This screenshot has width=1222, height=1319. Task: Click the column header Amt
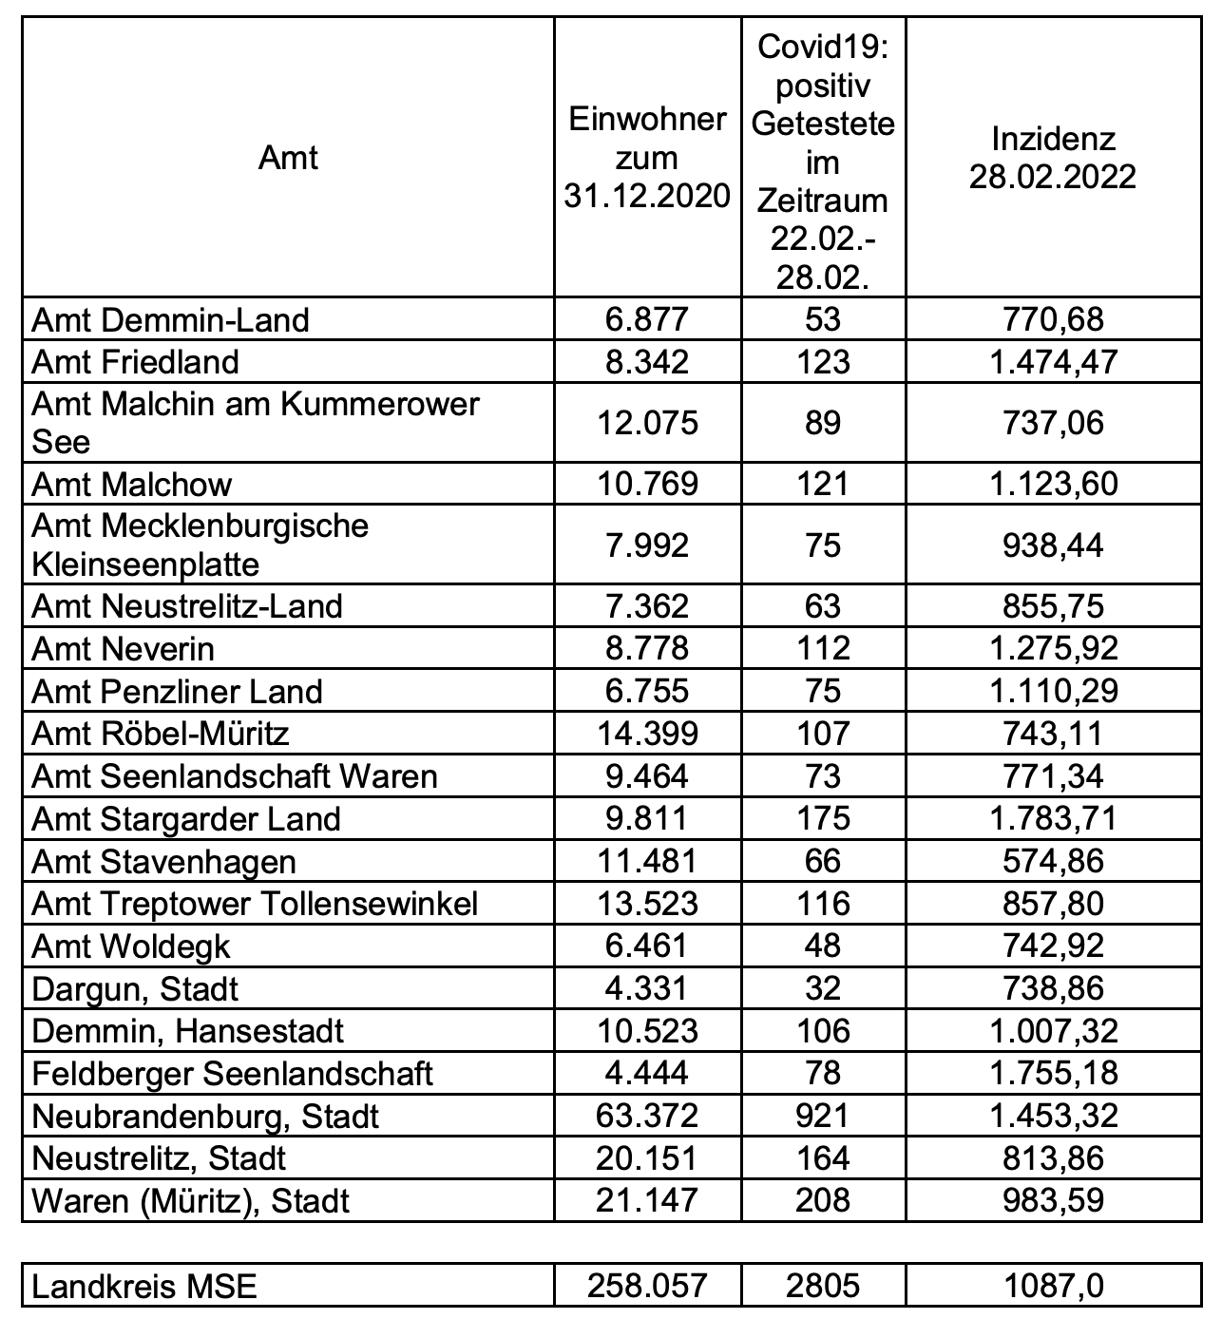pyautogui.click(x=288, y=158)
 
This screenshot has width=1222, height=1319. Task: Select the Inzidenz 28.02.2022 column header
pyautogui.click(x=1052, y=158)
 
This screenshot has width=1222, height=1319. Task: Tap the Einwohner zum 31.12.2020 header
pyautogui.click(x=647, y=158)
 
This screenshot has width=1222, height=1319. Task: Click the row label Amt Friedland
pyautogui.click(x=135, y=362)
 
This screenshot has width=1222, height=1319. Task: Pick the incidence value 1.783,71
pyautogui.click(x=1053, y=818)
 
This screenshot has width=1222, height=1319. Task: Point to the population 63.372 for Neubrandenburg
pyautogui.click(x=647, y=1116)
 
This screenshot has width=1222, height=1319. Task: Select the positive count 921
pyautogui.click(x=822, y=1116)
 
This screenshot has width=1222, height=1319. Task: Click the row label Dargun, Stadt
pyautogui.click(x=135, y=989)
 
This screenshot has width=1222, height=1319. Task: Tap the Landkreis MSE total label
pyautogui.click(x=144, y=1287)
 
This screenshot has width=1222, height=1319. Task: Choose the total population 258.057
pyautogui.click(x=647, y=1287)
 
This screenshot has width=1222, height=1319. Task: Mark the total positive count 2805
pyautogui.click(x=822, y=1287)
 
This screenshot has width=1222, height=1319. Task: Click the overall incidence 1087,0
pyautogui.click(x=1053, y=1287)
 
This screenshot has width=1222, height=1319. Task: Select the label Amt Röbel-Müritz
pyautogui.click(x=161, y=734)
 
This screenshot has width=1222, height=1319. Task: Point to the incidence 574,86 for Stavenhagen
pyautogui.click(x=1053, y=861)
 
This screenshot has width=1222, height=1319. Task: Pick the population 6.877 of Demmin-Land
pyautogui.click(x=647, y=319)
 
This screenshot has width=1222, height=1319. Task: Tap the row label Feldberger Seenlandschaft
pyautogui.click(x=232, y=1074)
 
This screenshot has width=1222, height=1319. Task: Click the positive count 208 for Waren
pyautogui.click(x=822, y=1200)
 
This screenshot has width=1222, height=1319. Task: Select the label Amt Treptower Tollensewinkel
pyautogui.click(x=255, y=904)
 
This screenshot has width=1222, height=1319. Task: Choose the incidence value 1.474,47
pyautogui.click(x=1053, y=362)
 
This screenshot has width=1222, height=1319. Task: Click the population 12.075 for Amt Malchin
pyautogui.click(x=647, y=423)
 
